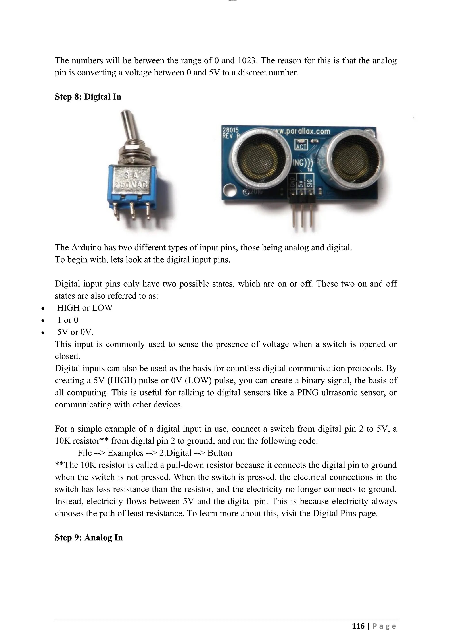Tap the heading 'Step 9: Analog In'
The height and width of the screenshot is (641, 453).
(x=89, y=537)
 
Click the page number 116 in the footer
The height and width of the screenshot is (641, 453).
(x=358, y=626)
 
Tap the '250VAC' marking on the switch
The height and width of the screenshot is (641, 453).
(x=132, y=185)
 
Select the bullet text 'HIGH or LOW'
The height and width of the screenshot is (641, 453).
(x=85, y=308)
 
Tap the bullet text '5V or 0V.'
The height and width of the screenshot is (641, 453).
(x=75, y=332)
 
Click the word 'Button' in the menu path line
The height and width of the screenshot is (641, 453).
(x=220, y=453)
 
